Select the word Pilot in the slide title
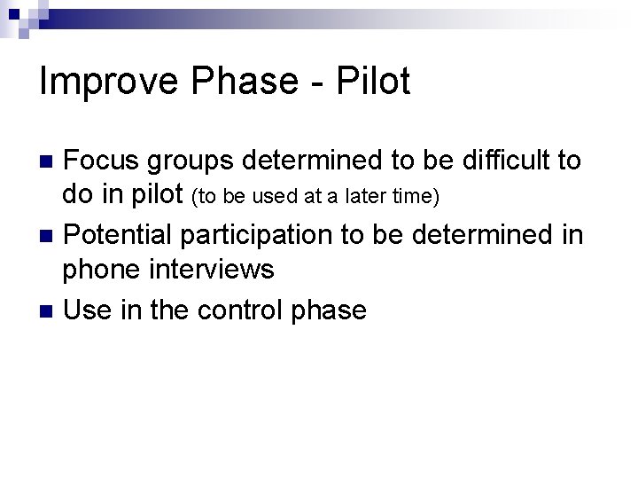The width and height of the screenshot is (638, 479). point(374,82)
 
